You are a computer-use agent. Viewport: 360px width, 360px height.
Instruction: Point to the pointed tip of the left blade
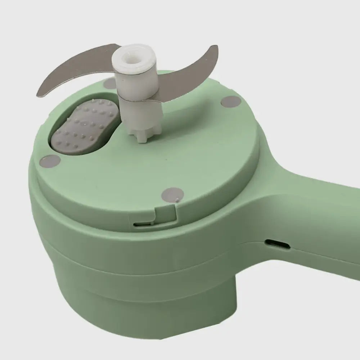39,94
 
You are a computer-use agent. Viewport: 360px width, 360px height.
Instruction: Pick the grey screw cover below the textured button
51,161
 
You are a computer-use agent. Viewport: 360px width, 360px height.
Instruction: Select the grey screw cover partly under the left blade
109,84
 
